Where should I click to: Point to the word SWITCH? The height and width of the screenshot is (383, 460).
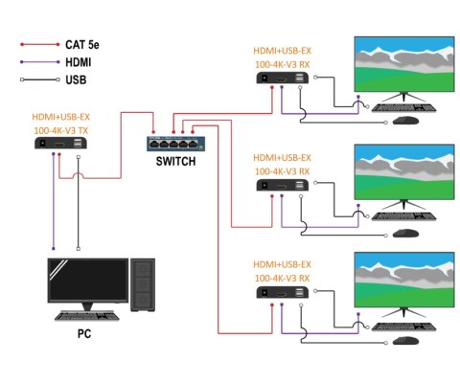[x=175, y=162]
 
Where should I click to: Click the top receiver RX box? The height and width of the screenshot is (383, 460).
[x=283, y=80]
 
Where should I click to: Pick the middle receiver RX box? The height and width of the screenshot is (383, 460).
[x=283, y=188]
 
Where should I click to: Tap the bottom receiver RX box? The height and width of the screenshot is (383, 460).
[x=283, y=297]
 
